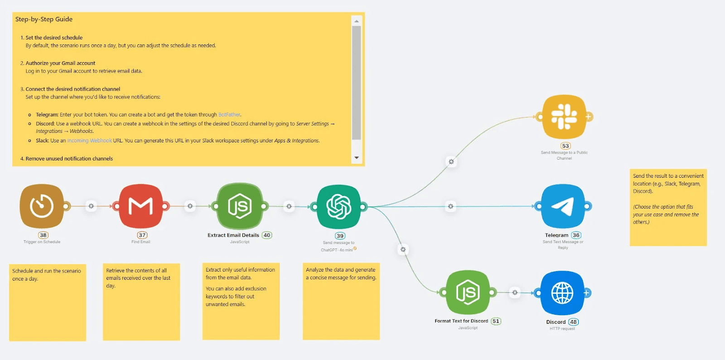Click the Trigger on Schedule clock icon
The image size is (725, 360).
(42, 206)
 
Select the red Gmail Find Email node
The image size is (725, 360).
(140, 206)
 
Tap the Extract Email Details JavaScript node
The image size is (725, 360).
(240, 206)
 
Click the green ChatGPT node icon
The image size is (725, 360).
(339, 207)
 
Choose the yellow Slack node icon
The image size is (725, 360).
(564, 117)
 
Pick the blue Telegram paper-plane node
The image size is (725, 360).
(563, 206)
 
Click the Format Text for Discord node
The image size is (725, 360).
(468, 292)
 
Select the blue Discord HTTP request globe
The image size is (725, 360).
(562, 293)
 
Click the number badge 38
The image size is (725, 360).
(43, 235)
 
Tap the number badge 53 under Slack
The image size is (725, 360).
(565, 146)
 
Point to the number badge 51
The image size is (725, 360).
(496, 321)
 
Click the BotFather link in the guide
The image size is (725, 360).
(229, 115)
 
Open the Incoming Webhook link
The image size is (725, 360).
(89, 141)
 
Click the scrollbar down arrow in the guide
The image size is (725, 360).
(357, 158)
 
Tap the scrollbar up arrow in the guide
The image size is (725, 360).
(357, 21)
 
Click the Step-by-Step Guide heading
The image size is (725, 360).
(44, 19)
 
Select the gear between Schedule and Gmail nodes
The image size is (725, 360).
(91, 206)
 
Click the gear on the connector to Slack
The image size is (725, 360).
(451, 161)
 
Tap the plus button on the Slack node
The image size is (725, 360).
(589, 117)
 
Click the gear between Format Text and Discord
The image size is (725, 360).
(515, 292)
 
